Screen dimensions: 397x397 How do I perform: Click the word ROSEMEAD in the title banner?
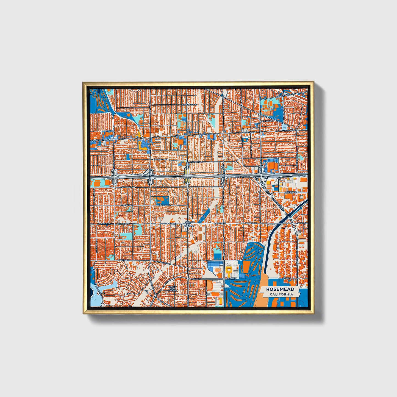[x=280, y=289]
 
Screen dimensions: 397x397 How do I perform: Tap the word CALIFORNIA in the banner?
[x=281, y=295]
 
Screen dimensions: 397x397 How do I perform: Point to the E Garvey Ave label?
[x=102, y=224]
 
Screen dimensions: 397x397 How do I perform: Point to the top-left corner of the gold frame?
[x=83, y=82]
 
